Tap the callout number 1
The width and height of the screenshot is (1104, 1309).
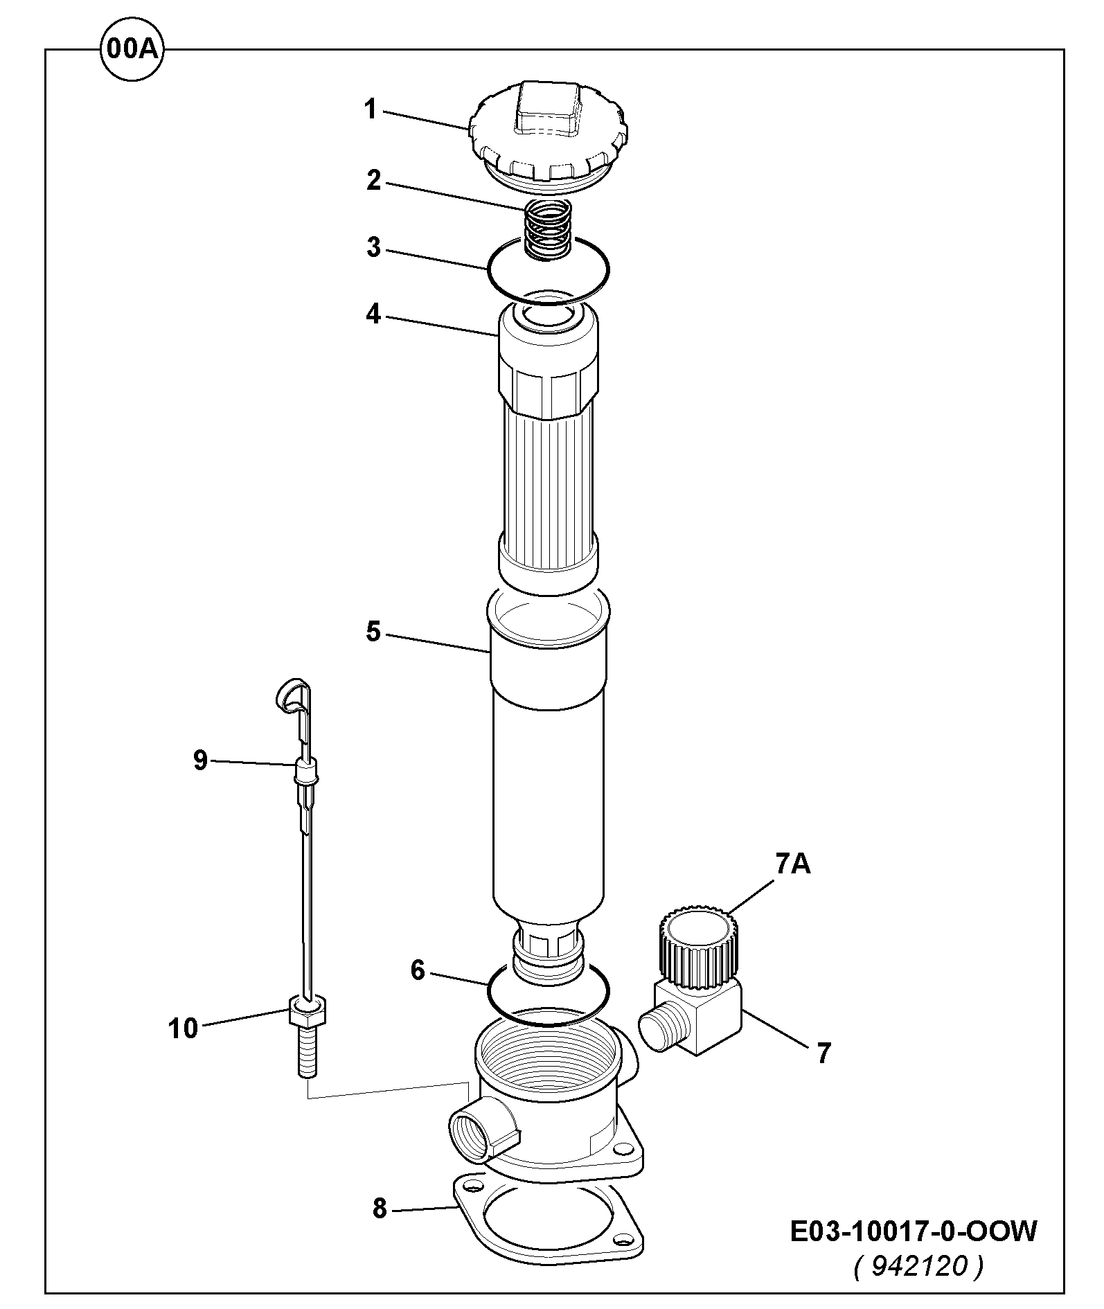pos(371,109)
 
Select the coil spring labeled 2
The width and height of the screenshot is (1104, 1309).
pos(547,229)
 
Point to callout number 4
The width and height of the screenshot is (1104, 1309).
pos(373,315)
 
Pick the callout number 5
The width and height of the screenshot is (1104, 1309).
pos(373,632)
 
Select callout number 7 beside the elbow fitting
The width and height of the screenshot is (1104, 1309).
pos(823,1053)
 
